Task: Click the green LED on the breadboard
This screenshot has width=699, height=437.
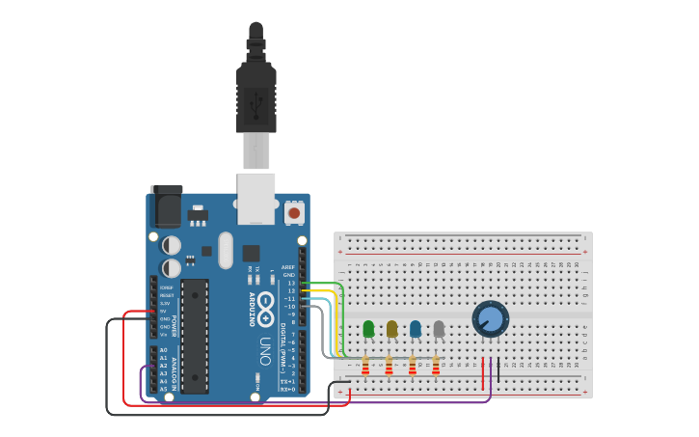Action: tap(368, 329)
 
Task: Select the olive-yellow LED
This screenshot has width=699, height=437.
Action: tap(391, 329)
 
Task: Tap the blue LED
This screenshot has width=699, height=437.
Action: tap(416, 329)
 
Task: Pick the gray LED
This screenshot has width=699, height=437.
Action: tap(439, 329)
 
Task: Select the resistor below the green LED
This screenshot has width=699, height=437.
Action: tap(365, 366)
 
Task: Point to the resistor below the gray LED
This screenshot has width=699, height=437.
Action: tap(436, 366)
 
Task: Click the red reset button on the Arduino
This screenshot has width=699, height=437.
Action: tap(294, 211)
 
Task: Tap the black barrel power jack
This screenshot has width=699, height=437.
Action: tap(166, 206)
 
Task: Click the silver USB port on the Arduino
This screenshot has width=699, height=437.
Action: tap(256, 198)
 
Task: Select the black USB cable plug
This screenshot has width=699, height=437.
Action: tap(256, 96)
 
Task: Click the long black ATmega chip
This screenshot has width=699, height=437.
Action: tap(194, 336)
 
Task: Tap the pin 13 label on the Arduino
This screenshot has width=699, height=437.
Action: tap(291, 283)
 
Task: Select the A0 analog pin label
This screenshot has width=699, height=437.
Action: tap(163, 350)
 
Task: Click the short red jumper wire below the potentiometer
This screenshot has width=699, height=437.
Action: tap(483, 373)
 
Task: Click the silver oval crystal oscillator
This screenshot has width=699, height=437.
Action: tap(226, 250)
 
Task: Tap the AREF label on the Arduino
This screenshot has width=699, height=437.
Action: tap(288, 267)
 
